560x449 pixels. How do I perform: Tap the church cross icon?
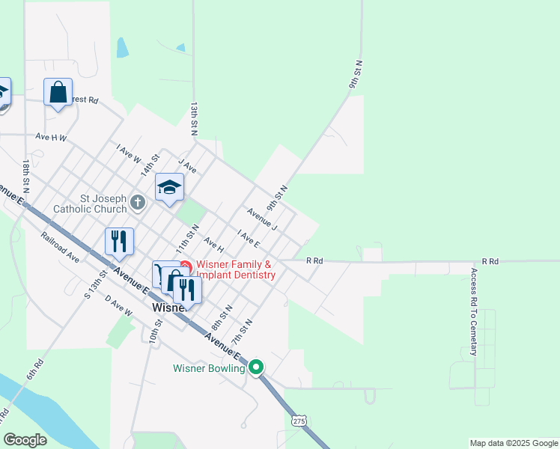[x=138, y=201]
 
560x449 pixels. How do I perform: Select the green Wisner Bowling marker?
[x=256, y=367]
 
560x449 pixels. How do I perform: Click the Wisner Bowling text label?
[x=209, y=368]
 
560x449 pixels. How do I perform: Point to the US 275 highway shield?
[x=299, y=421]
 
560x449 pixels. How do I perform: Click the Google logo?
[x=25, y=439]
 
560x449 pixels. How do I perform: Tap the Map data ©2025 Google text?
[x=514, y=443]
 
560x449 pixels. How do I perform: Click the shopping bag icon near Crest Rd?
[x=58, y=93]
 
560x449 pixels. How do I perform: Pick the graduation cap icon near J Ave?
[x=169, y=187]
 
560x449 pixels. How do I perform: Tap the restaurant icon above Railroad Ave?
[x=119, y=241]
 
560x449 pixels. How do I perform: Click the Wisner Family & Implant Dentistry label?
[x=234, y=269]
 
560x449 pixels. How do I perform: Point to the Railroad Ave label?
[x=61, y=247]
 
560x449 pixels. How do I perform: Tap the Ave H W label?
[x=51, y=138]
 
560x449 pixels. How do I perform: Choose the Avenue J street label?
[x=262, y=219]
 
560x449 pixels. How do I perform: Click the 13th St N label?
[x=194, y=118]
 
